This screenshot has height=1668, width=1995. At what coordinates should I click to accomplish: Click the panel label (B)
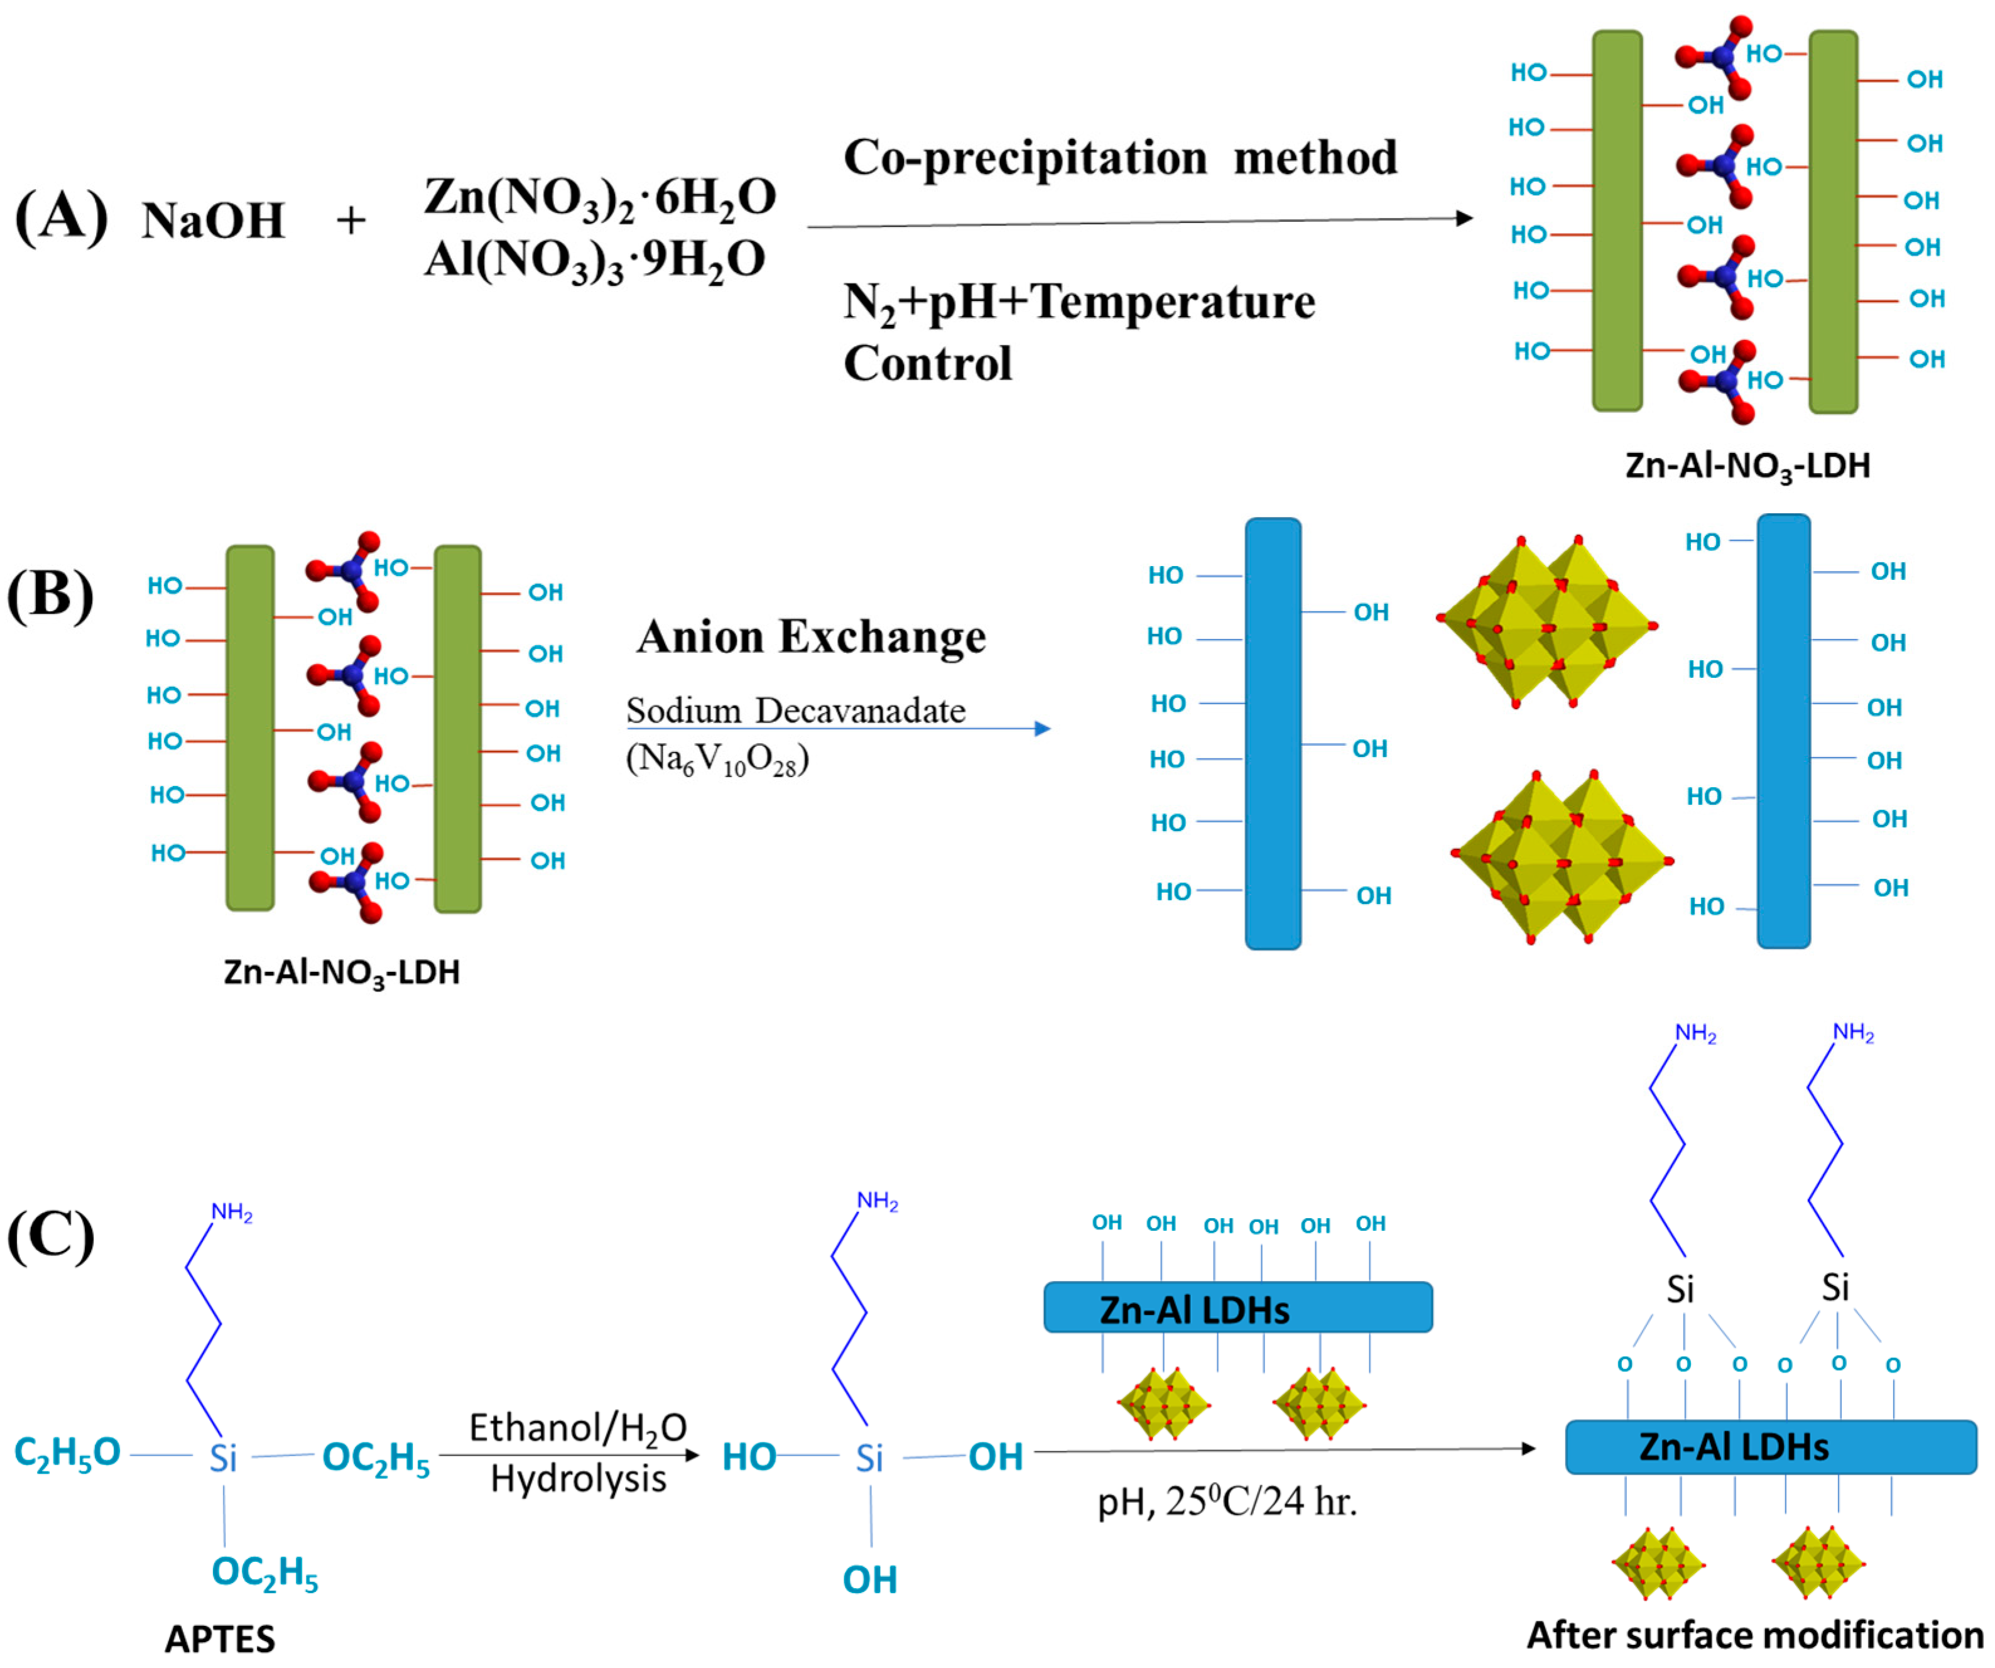click(50, 596)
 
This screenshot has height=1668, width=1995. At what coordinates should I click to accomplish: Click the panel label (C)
click(50, 1236)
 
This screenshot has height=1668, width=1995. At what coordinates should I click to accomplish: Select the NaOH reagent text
click(213, 221)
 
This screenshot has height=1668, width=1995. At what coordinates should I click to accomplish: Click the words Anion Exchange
click(812, 636)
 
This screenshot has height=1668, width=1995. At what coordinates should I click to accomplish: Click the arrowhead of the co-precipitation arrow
click(1464, 219)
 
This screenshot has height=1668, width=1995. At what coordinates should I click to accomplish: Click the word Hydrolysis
click(579, 1479)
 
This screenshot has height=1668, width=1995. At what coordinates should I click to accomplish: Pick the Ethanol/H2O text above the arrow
click(578, 1427)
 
